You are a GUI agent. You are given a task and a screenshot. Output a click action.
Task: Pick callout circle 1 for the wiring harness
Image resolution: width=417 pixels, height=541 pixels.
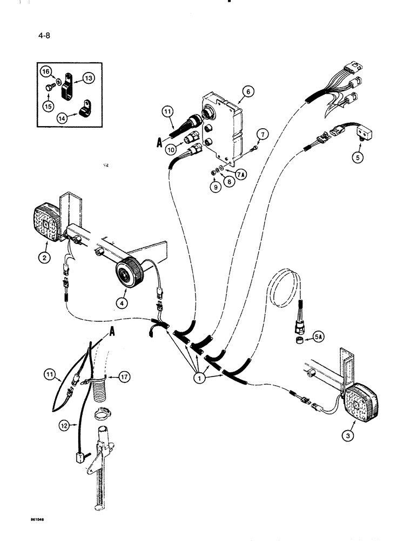point(199,379)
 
